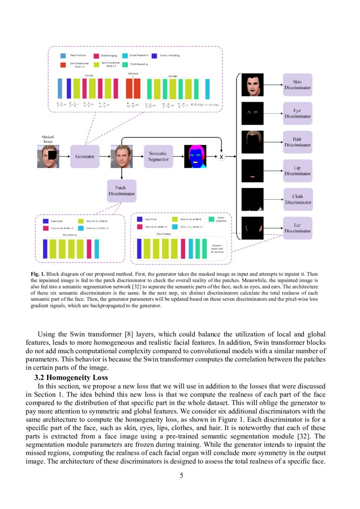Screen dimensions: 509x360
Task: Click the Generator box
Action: pyautogui.click(x=85, y=156)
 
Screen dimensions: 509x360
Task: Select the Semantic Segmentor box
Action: pyautogui.click(x=158, y=156)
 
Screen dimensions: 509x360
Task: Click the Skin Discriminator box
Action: pyautogui.click(x=297, y=84)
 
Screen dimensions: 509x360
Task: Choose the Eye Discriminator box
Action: pyautogui.click(x=297, y=113)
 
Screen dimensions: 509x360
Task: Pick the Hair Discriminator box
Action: pyautogui.click(x=297, y=142)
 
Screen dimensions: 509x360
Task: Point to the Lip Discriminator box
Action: pyautogui.click(x=297, y=170)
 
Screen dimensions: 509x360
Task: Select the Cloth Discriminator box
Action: pyautogui.click(x=298, y=199)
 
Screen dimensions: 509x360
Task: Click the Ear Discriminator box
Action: pyautogui.click(x=297, y=228)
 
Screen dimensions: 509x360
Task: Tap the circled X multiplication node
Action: pyautogui.click(x=221, y=156)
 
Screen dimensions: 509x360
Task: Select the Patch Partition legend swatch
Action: pyautogui.click(x=64, y=56)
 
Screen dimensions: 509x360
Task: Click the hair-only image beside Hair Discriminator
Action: pyautogui.click(x=252, y=142)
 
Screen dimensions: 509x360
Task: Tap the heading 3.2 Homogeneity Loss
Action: pyautogui.click(x=71, y=378)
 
